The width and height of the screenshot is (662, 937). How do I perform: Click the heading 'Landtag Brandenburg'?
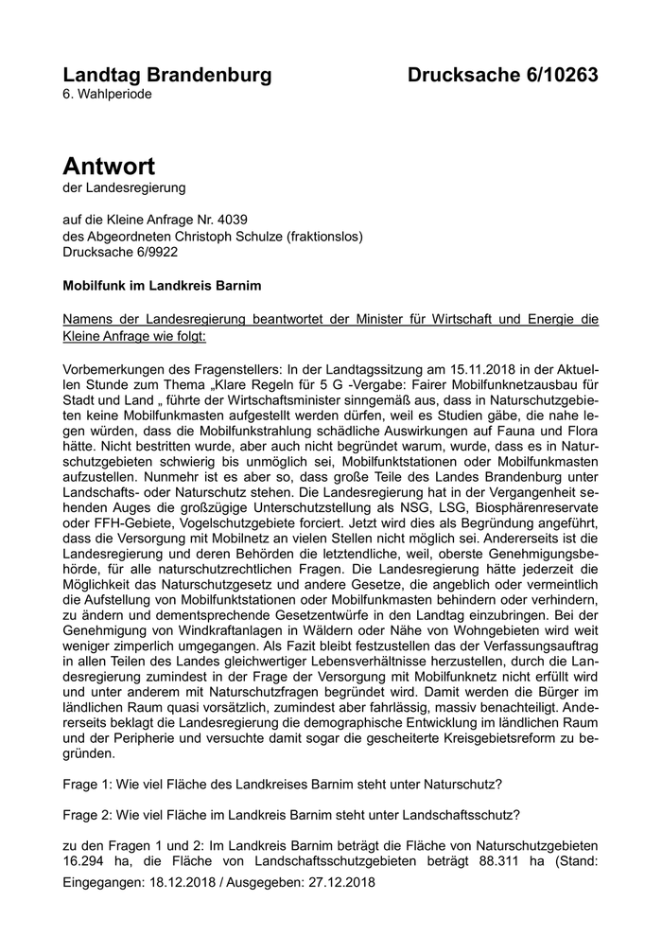pos(166,76)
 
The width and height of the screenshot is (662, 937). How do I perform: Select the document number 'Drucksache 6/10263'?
pos(503,76)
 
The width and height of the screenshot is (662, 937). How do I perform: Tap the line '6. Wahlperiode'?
pos(107,95)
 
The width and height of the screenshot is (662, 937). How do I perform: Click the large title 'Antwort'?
pos(109,167)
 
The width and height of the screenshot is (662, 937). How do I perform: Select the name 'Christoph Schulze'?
pos(219,237)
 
